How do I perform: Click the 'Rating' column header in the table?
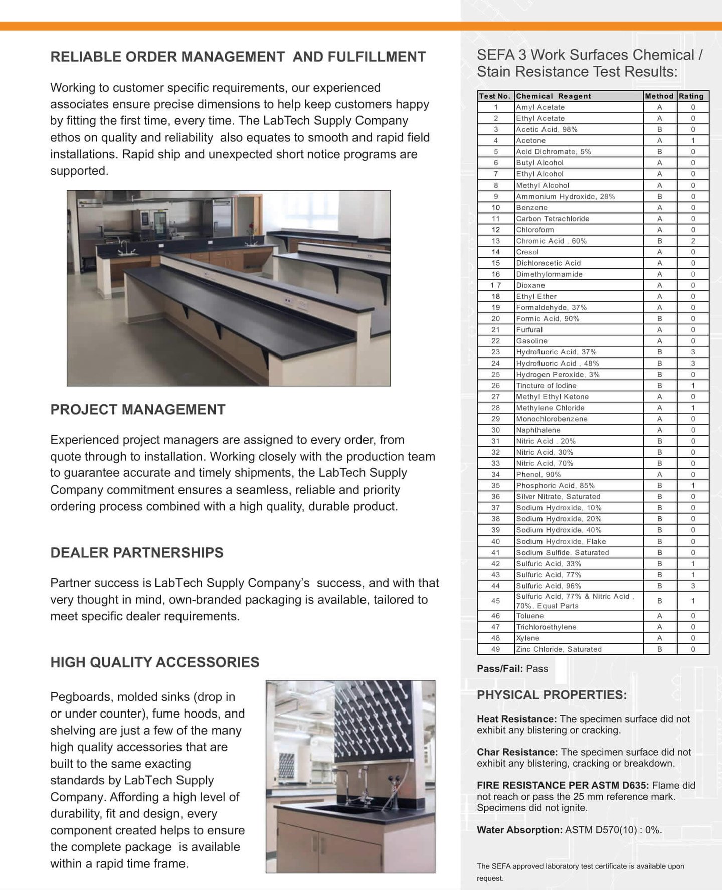pos(691,96)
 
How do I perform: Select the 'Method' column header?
pos(659,96)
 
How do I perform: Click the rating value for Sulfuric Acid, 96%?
pos(693,586)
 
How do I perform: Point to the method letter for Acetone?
pos(659,140)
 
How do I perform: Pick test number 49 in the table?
pos(495,649)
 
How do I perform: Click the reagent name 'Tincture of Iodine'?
pos(546,386)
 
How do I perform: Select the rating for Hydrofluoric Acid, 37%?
pos(693,352)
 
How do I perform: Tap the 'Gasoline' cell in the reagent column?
pos(531,341)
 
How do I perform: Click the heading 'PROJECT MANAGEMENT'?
pos(138,410)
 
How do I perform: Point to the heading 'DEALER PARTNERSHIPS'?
pos(137,553)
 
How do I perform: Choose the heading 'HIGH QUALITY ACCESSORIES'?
pos(155,662)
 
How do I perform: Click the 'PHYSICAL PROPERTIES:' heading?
pos(552,695)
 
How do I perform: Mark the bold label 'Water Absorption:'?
pos(519,830)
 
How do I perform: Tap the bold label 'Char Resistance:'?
pos(517,752)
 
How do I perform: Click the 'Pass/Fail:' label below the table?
pos(500,669)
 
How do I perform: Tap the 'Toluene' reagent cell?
pos(529,616)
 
